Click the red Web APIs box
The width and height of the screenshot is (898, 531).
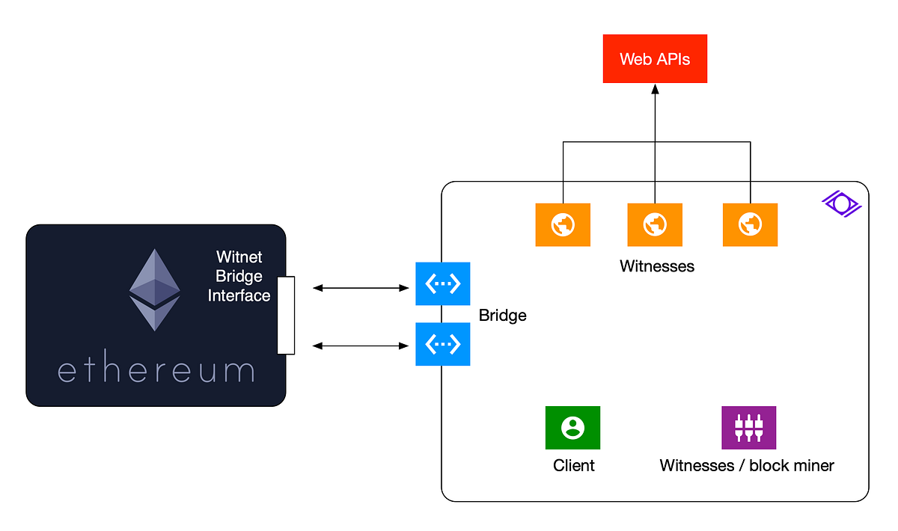pyautogui.click(x=655, y=58)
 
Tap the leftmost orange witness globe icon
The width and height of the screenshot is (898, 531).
pyautogui.click(x=563, y=224)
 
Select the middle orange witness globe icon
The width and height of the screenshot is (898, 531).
pyautogui.click(x=655, y=224)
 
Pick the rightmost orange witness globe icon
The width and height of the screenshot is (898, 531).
pyautogui.click(x=750, y=224)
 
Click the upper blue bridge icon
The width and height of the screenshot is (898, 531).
pyautogui.click(x=443, y=283)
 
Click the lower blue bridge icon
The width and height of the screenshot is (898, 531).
pyautogui.click(x=443, y=344)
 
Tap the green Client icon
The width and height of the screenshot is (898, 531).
pyautogui.click(x=573, y=428)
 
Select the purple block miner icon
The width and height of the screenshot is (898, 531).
pyautogui.click(x=748, y=428)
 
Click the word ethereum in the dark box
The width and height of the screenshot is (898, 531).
pyautogui.click(x=156, y=371)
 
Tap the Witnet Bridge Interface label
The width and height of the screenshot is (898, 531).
pyautogui.click(x=239, y=277)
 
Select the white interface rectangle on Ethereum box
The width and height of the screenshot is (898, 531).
pyautogui.click(x=286, y=315)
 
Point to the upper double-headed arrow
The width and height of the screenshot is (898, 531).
pyautogui.click(x=361, y=287)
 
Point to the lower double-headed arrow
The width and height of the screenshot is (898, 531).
pyautogui.click(x=361, y=346)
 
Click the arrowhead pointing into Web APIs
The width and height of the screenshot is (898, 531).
pyautogui.click(x=655, y=89)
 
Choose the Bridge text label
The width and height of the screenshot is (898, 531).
pyautogui.click(x=503, y=316)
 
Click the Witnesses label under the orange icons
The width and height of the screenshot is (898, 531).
pyautogui.click(x=657, y=266)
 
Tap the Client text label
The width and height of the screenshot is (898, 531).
pyautogui.click(x=574, y=465)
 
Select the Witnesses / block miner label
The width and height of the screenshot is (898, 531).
pyautogui.click(x=747, y=465)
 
